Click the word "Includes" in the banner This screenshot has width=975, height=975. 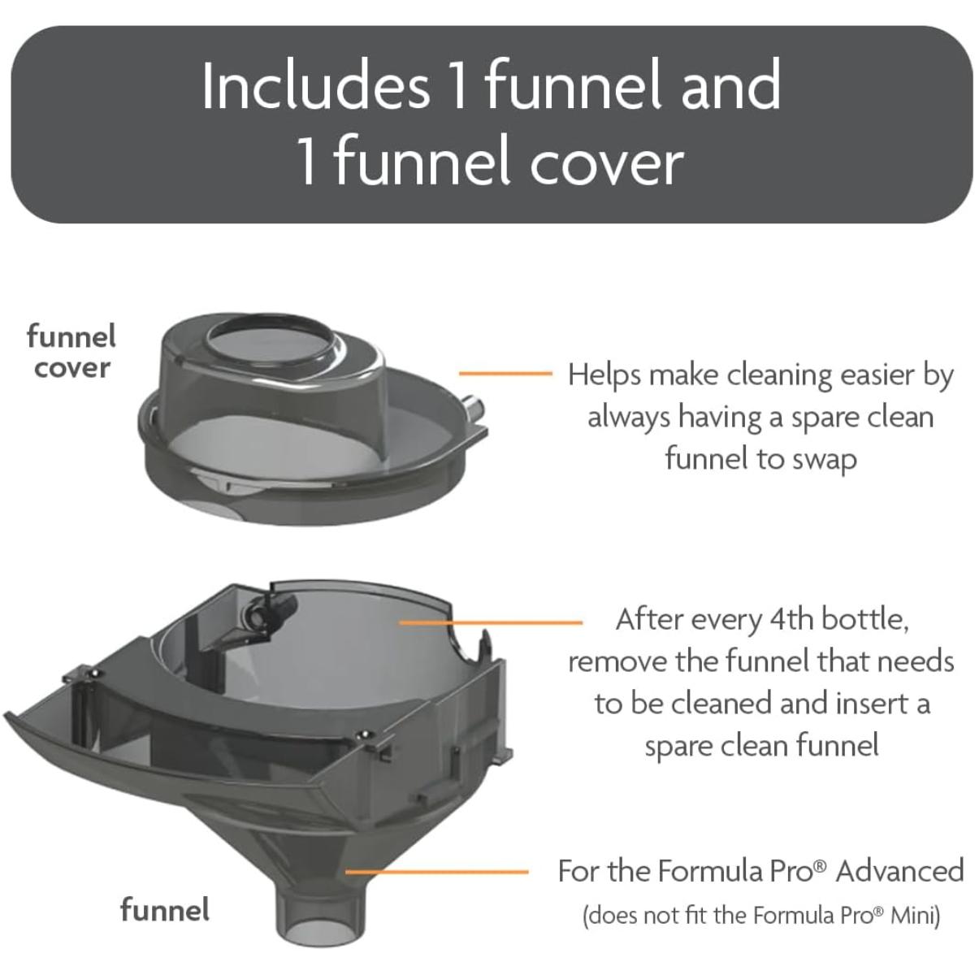click(x=316, y=86)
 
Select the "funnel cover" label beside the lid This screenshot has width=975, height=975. click(x=71, y=352)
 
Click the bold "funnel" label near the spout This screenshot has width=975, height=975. click(x=165, y=909)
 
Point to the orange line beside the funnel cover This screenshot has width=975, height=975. click(x=505, y=374)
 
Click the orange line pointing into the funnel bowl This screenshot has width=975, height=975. click(x=491, y=622)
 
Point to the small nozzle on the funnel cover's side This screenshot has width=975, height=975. click(x=474, y=407)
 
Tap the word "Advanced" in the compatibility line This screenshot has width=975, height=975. click(x=899, y=871)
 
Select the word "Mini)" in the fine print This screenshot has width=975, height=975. click(x=916, y=916)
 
